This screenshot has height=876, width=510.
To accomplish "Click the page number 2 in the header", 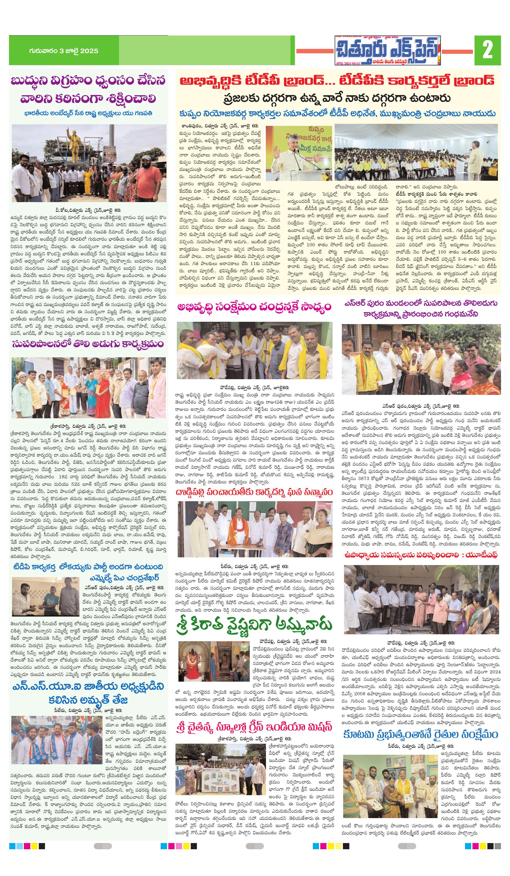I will coord(487,50).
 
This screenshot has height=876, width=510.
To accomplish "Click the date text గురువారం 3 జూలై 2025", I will coord(64,51).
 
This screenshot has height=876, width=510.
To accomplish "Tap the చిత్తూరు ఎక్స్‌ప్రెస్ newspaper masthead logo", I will coord(387,51).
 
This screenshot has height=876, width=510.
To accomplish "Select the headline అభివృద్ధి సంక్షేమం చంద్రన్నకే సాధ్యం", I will coord(254,307).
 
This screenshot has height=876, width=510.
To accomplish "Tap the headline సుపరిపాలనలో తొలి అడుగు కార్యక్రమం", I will coord(88,344).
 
